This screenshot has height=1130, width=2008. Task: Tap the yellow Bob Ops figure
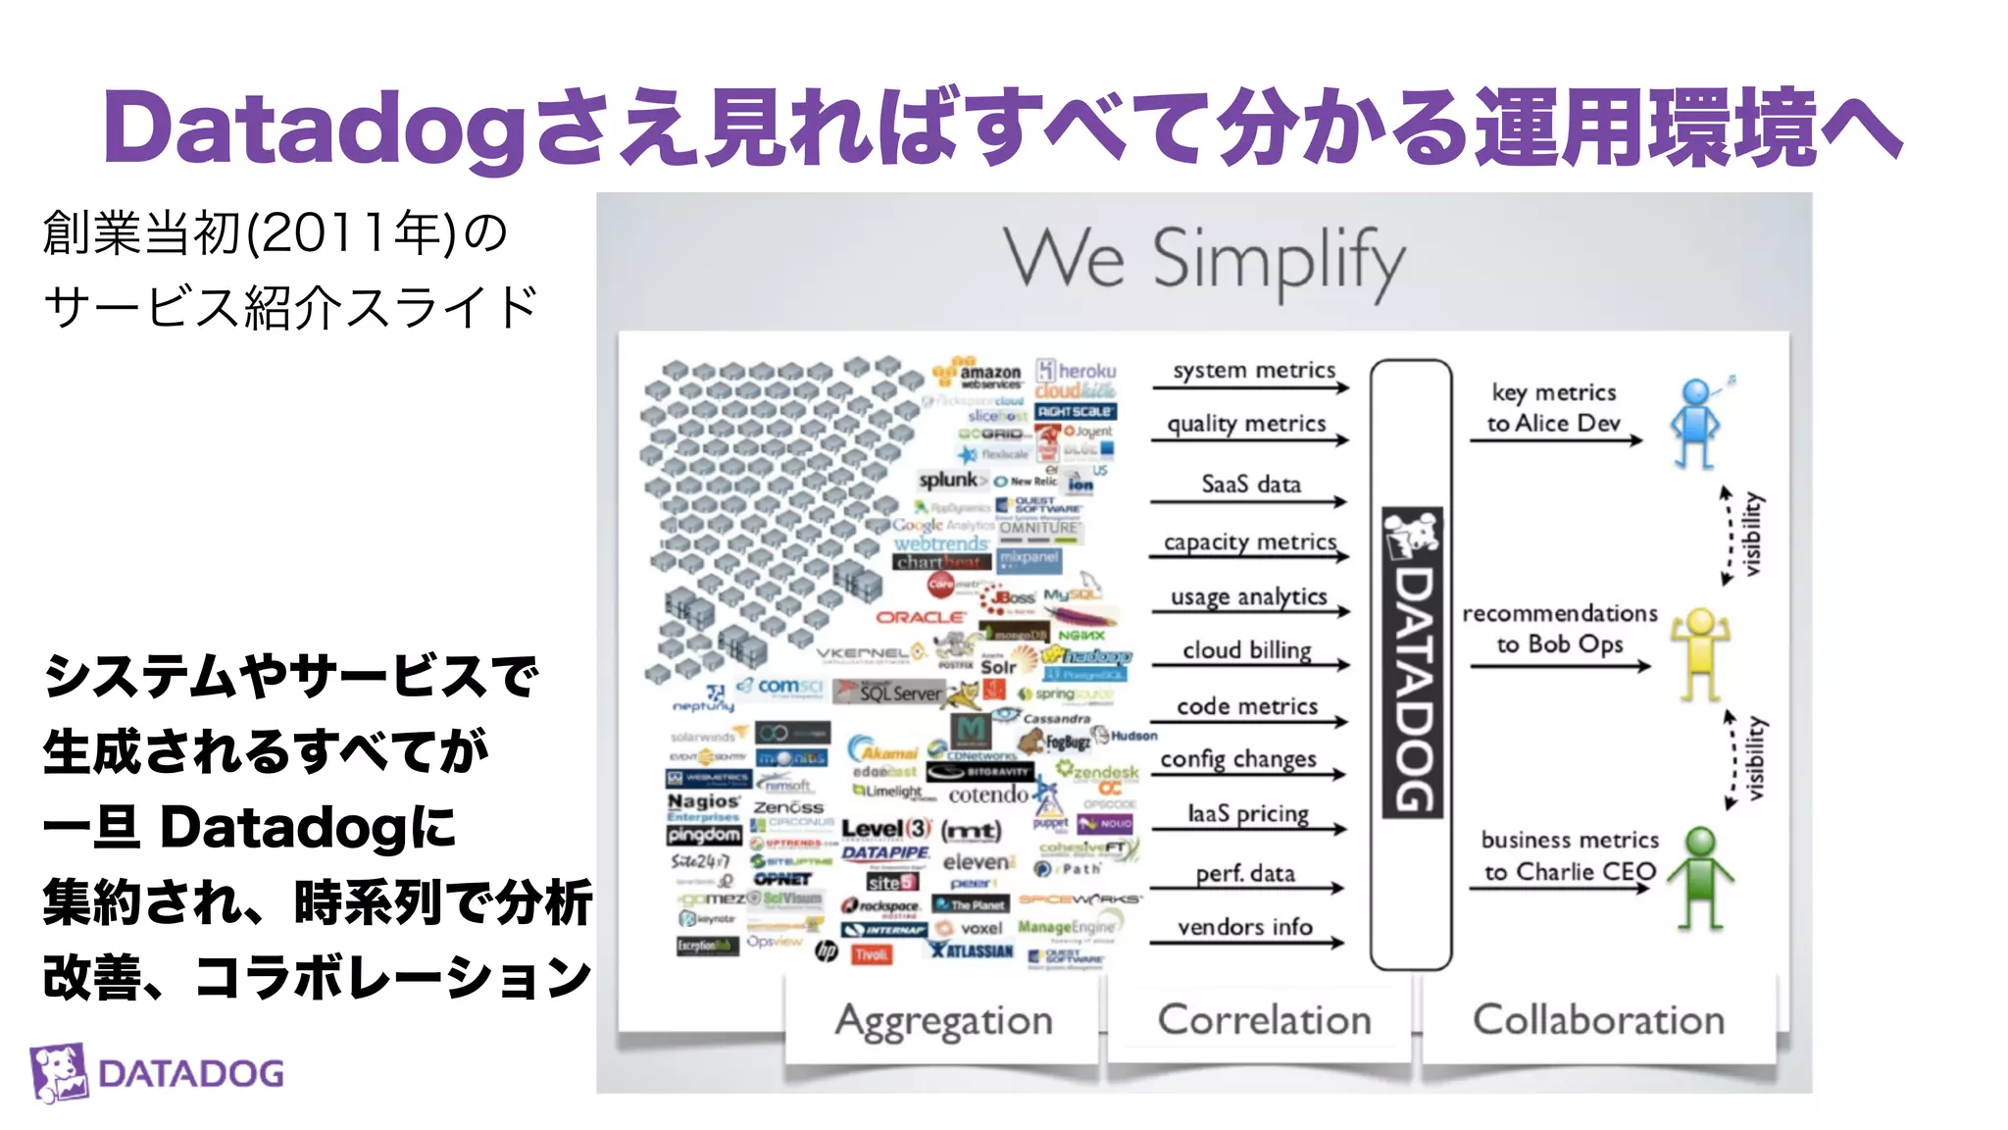click(1700, 653)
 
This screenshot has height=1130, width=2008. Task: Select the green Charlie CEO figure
click(1701, 876)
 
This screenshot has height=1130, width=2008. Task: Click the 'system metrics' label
click(1254, 370)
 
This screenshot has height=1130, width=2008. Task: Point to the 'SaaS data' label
click(1251, 484)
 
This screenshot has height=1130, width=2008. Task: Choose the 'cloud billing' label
click(1246, 650)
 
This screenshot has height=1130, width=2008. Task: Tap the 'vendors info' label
click(1244, 926)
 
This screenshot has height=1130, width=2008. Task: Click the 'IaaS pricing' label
click(1247, 813)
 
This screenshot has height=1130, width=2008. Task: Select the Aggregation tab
click(943, 1020)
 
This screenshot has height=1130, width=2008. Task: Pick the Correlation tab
click(1264, 1020)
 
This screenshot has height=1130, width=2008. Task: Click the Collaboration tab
click(1598, 1020)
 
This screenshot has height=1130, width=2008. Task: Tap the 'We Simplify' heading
click(1204, 260)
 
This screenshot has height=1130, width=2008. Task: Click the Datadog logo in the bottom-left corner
click(157, 1072)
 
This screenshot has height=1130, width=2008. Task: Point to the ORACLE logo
click(920, 617)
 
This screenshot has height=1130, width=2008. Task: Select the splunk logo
click(948, 480)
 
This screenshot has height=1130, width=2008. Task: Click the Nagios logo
click(703, 801)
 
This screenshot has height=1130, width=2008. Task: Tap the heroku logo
click(1078, 371)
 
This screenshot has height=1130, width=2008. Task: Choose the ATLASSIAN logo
click(973, 950)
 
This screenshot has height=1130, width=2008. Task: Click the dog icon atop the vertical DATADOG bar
click(1412, 536)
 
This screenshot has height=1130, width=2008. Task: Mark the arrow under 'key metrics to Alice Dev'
click(1555, 441)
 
